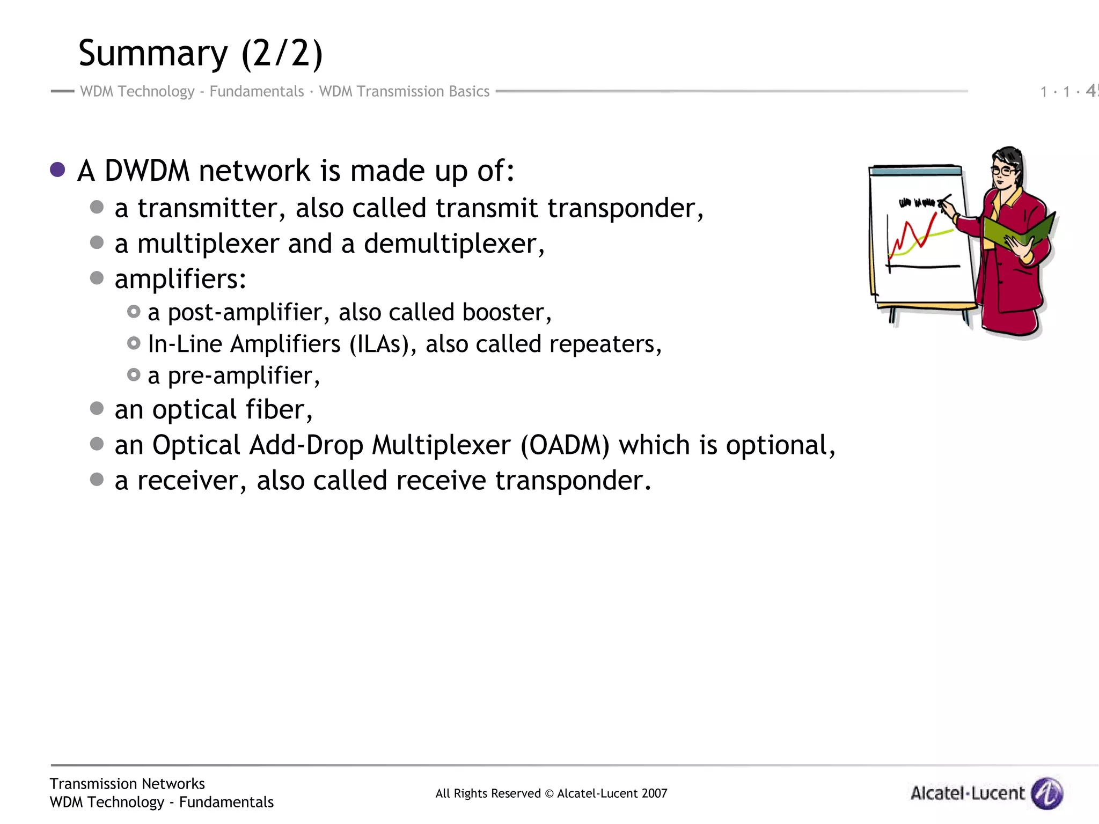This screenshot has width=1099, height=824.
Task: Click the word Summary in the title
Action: coord(153,54)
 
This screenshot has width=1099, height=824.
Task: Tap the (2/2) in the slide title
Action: coord(282,54)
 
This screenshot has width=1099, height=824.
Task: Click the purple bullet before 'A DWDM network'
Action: coord(57,170)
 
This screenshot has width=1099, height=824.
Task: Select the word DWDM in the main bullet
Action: coord(147,171)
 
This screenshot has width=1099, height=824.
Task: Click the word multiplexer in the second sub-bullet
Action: coord(208,244)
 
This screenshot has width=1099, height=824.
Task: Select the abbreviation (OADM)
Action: coord(565,445)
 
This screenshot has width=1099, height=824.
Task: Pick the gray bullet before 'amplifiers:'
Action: coord(97,278)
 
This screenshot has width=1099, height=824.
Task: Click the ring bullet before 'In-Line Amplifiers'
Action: coord(134,343)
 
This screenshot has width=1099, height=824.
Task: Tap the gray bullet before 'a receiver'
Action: coord(97,479)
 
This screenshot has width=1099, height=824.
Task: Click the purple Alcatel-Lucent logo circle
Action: coord(1047,793)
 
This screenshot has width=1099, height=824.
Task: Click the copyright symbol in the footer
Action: coord(549,793)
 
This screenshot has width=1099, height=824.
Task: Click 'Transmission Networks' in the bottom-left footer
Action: coord(127,784)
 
